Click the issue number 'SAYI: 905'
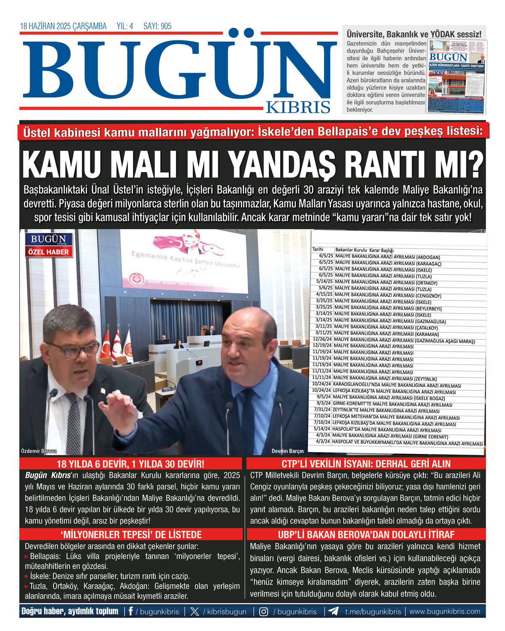click(x=157, y=26)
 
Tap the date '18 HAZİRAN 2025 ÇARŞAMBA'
click(x=63, y=26)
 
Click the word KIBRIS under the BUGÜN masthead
click(x=298, y=107)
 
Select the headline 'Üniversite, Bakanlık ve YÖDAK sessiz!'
click(x=414, y=34)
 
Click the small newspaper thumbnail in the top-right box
click(x=457, y=77)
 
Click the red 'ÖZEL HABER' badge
click(x=48, y=252)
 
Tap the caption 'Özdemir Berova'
click(x=39, y=451)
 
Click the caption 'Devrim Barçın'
click(x=287, y=451)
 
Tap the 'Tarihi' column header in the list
click(x=318, y=249)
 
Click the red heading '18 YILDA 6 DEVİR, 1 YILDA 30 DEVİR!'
click(x=130, y=464)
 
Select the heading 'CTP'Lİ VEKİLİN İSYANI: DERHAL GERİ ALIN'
click(x=366, y=464)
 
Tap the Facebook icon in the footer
click(x=131, y=611)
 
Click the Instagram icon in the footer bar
click(x=263, y=611)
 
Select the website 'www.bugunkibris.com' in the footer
click(x=445, y=611)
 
